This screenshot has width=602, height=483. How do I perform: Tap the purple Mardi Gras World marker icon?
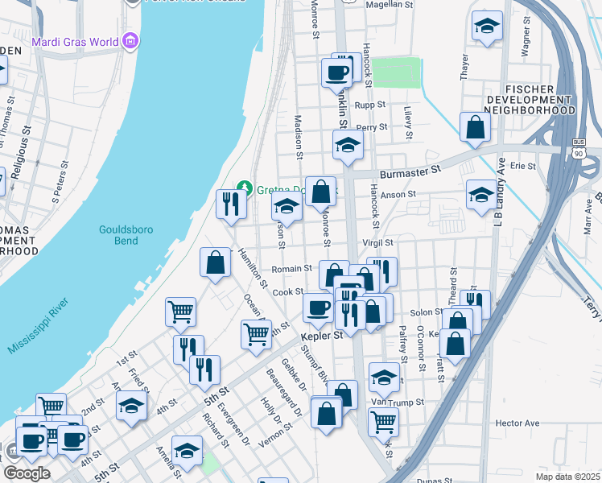[x=129, y=42]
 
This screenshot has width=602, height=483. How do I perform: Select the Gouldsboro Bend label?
[x=125, y=235]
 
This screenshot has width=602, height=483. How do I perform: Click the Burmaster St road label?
[x=414, y=171]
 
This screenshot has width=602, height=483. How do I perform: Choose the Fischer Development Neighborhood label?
[x=540, y=99]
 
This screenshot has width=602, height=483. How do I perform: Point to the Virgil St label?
[x=377, y=242]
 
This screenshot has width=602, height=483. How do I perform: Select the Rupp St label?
[x=371, y=105]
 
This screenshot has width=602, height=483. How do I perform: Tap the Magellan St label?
[x=390, y=5]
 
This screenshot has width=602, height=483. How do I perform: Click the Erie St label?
[x=523, y=166]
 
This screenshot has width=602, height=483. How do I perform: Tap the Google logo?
[x=27, y=473]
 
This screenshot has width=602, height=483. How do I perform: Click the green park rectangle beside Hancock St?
[x=396, y=72]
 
